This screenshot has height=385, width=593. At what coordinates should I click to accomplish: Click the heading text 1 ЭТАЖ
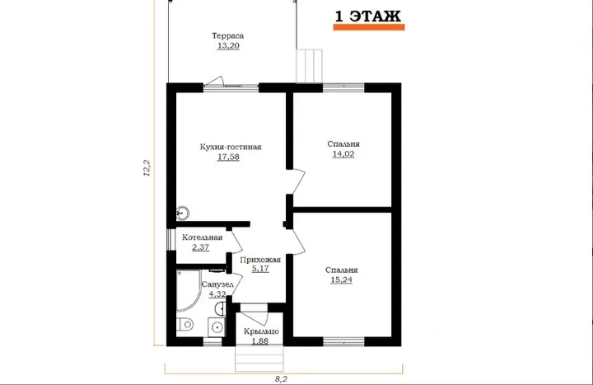(367, 16)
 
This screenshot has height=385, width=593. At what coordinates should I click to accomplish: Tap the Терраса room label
(227, 36)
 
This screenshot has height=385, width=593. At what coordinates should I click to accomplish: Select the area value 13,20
(228, 46)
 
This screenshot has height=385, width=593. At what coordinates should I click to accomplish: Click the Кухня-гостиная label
(231, 147)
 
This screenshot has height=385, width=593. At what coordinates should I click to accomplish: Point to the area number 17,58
(228, 157)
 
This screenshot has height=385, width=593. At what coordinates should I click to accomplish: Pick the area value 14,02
(343, 153)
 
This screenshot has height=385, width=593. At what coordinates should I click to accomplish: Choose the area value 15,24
(342, 279)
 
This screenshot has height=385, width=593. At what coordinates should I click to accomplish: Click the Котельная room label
(203, 237)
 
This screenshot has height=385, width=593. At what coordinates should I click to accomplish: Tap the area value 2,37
(200, 247)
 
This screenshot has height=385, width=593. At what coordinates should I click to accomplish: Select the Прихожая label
(260, 260)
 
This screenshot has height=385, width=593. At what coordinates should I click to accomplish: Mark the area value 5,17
(260, 269)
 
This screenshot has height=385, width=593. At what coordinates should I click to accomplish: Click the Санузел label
(217, 284)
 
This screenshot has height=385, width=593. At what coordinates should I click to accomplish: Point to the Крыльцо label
(261, 331)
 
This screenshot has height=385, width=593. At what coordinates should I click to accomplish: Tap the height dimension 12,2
(147, 168)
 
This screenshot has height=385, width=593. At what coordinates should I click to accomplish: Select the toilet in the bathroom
(184, 324)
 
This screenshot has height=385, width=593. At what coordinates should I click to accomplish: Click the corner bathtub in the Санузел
(188, 289)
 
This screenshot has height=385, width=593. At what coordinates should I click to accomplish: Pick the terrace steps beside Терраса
(310, 65)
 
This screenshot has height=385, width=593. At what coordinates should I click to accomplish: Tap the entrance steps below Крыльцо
(259, 358)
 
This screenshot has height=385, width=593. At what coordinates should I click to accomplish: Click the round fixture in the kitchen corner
(183, 214)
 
